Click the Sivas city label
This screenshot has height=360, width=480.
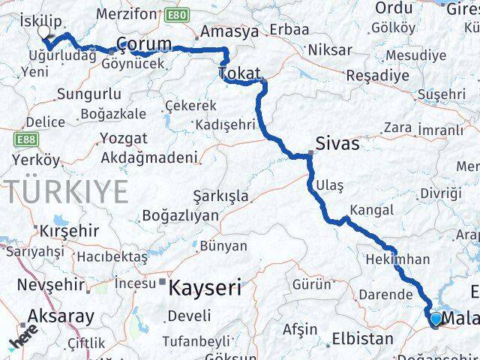[337, 142]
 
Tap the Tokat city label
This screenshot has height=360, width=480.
[239, 73]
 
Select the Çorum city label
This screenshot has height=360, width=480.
[143, 43]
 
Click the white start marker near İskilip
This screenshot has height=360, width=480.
[43, 32]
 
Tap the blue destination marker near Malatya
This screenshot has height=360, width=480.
[436, 319]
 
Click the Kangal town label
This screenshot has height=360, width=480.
[371, 211]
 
